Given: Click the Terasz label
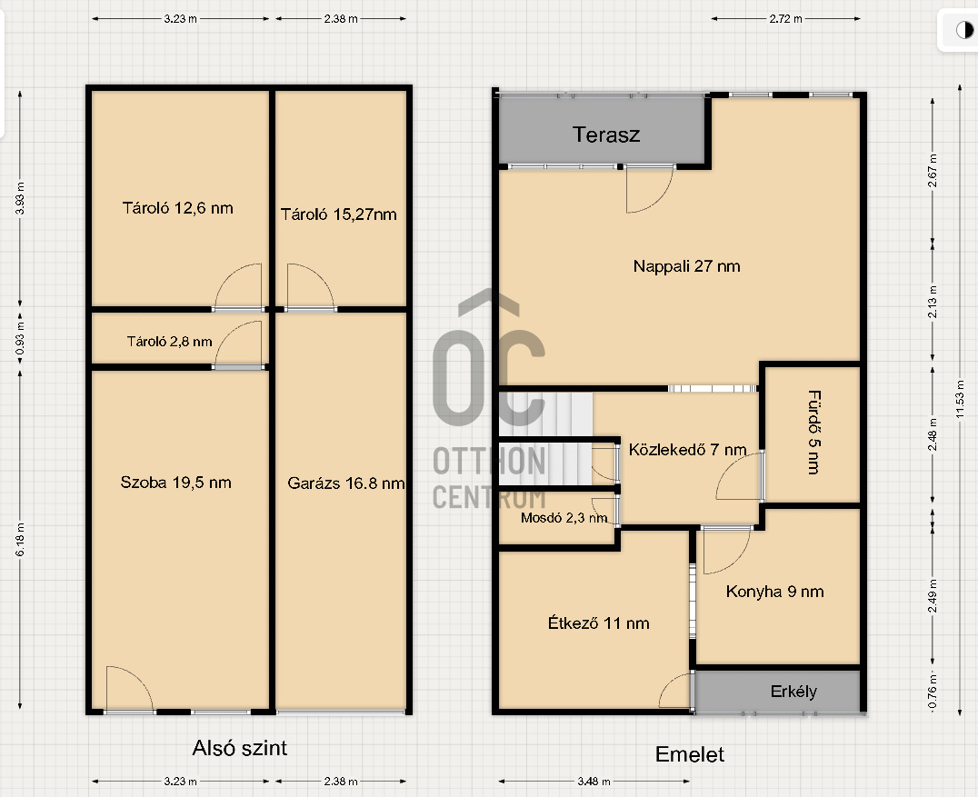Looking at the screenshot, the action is [606, 134].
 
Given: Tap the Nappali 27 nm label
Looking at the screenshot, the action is [687, 266].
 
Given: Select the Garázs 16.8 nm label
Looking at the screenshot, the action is [346, 483].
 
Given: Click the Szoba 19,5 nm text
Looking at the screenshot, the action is [176, 482].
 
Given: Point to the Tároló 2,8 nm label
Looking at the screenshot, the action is [170, 341].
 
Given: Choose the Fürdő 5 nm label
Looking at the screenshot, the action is [814, 433].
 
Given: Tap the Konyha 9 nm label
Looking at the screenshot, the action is [774, 592].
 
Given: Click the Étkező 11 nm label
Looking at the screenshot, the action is [599, 623].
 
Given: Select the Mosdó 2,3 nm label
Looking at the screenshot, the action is [564, 518].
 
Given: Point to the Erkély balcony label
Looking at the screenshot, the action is [793, 691].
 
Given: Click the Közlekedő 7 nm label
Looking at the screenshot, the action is [687, 450].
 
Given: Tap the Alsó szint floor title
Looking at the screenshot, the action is [240, 748].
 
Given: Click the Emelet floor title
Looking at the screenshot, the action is [690, 754].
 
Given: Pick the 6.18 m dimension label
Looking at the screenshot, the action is [20, 540].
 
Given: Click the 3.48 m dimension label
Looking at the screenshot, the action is [594, 781].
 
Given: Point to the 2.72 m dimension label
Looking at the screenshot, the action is [786, 19].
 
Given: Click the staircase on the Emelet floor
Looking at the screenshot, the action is [545, 438].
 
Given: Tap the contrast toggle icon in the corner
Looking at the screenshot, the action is [965, 30].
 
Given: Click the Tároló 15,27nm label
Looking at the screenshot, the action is [339, 214].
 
